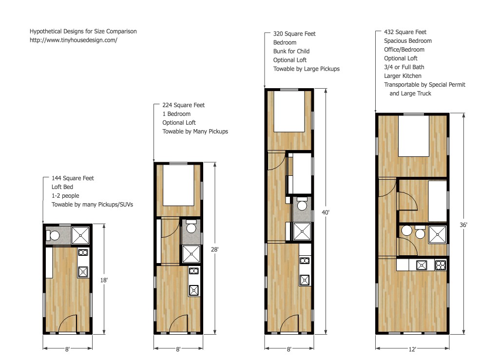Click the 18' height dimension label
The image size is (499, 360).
click(104, 280)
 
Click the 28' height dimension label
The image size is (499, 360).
click(215, 249)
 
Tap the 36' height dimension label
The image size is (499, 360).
click(463, 225)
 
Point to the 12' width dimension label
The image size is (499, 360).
click(412, 349)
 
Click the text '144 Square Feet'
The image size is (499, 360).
click(73, 178)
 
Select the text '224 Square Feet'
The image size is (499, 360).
click(183, 105)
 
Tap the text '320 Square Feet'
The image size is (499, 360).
click(294, 34)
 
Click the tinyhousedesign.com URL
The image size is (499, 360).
click(74, 40)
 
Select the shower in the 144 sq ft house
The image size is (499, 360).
click(80, 235)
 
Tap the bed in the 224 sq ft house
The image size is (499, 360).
click(178, 185)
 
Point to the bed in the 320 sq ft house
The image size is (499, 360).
click(288, 112)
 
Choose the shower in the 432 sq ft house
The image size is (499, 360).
click(437, 234)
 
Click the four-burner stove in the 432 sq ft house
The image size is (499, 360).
click(440, 265)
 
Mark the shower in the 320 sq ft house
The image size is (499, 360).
click(302, 231)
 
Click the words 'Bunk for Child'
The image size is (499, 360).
click(291, 52)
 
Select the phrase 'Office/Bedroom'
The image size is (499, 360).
click(404, 50)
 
